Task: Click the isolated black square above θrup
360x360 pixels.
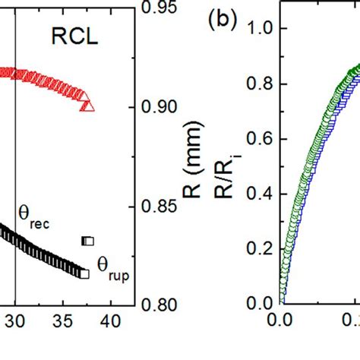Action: (88, 241)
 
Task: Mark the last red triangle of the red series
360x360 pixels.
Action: (87, 105)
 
